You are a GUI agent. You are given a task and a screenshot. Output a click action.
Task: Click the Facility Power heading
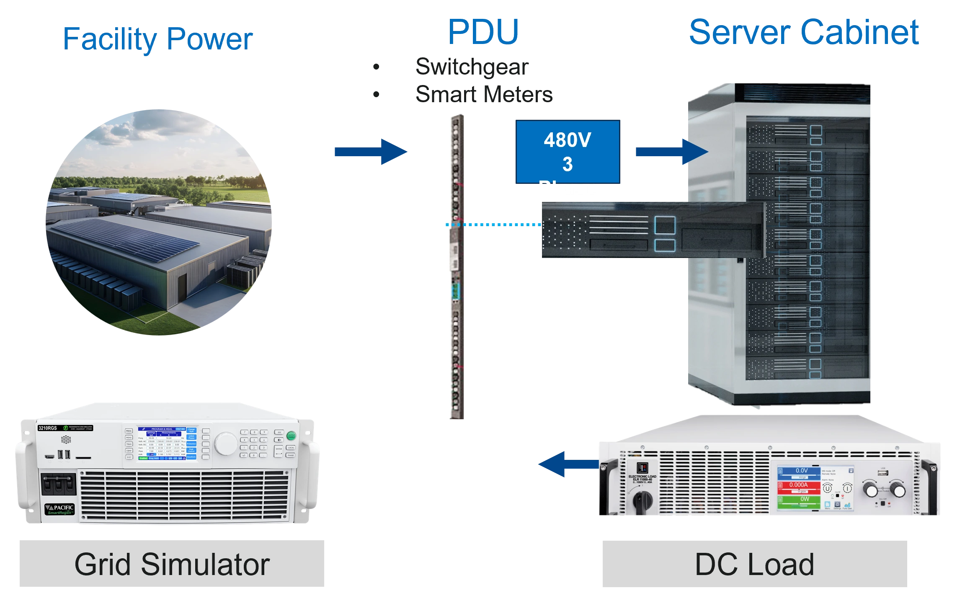point(158,39)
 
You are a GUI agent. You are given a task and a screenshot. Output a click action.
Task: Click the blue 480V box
point(568,152)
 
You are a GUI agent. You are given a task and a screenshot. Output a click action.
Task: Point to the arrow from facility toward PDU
point(370,152)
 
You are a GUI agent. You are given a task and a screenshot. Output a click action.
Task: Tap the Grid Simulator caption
point(171,565)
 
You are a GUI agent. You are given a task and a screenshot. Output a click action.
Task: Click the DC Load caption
point(754,565)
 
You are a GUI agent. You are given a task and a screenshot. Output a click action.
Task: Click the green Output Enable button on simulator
point(291,436)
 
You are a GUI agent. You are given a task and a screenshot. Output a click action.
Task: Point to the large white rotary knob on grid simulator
point(226,444)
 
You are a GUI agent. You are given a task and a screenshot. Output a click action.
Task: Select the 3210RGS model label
point(47,428)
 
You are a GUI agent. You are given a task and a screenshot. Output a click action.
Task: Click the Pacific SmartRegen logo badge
point(59,509)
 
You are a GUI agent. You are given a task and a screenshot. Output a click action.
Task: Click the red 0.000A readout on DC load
point(798,485)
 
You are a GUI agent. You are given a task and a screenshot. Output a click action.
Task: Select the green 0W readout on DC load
point(798,499)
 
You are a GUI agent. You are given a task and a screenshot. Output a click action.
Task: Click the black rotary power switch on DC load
point(642,499)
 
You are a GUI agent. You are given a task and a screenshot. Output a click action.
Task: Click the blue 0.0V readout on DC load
point(798,471)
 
